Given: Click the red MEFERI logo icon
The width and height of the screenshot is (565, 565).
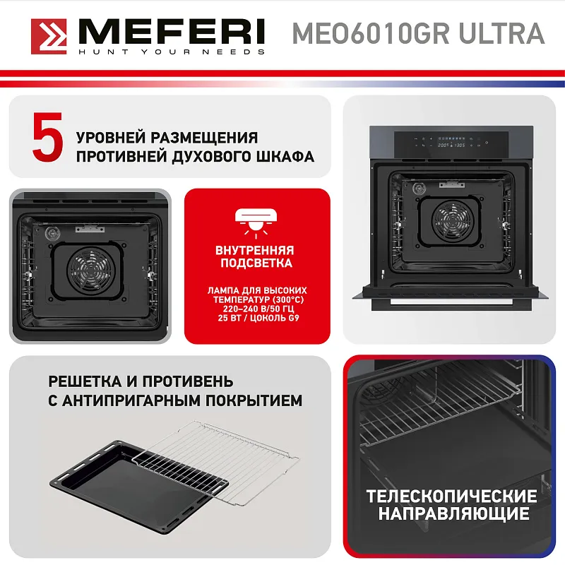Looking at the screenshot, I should (47, 35).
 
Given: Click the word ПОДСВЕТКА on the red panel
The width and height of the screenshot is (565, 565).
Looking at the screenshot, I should (256, 263).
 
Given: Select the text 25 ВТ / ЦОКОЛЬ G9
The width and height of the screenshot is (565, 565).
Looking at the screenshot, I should (257, 317).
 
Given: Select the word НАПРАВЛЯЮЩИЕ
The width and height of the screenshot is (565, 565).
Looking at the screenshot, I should (451, 513).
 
